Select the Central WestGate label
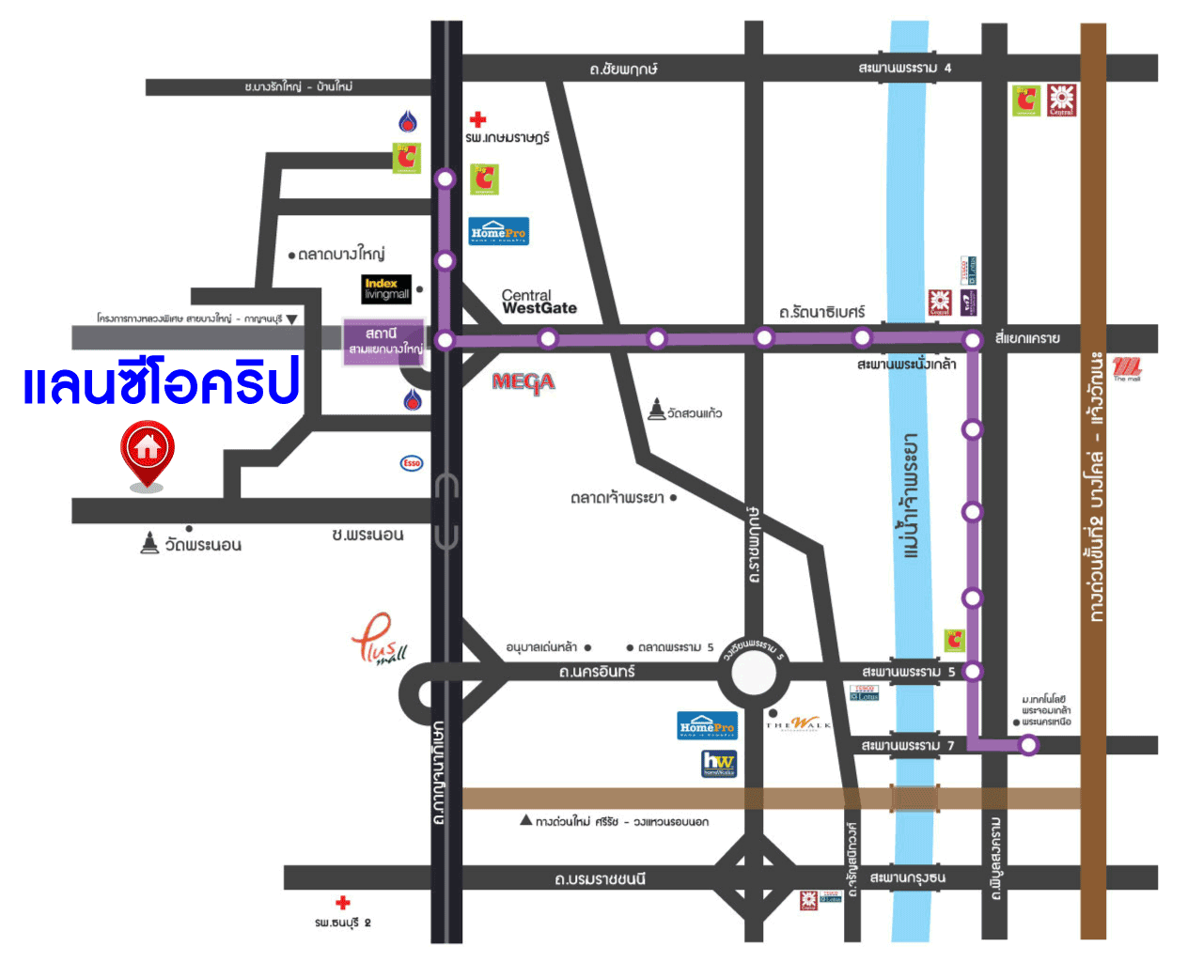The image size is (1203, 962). pos(539,302)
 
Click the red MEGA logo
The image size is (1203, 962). pos(523,382)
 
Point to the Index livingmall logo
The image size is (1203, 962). pos(386,288)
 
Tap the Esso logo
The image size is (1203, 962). pos(412,463)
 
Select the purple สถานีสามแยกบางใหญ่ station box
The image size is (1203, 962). pos(383,341)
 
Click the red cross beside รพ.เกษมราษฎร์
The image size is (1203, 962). pos(478,119)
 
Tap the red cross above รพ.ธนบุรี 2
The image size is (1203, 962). pos(343,903)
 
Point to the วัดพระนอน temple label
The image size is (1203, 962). pos(192,544)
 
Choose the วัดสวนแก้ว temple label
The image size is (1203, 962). pos(686,411)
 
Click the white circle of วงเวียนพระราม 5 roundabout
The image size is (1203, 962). pos(754,673)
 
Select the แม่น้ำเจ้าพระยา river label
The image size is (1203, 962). pos(910,495)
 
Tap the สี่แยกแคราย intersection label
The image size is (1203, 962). pos(1027,338)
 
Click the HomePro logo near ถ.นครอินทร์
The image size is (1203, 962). pos(708,726)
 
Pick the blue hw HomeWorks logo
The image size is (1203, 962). pos(719,763)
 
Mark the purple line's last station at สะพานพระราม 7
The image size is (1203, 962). pos(1029,745)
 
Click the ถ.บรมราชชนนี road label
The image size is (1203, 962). pos(600,879)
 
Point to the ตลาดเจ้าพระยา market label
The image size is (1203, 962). pos(617,497)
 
